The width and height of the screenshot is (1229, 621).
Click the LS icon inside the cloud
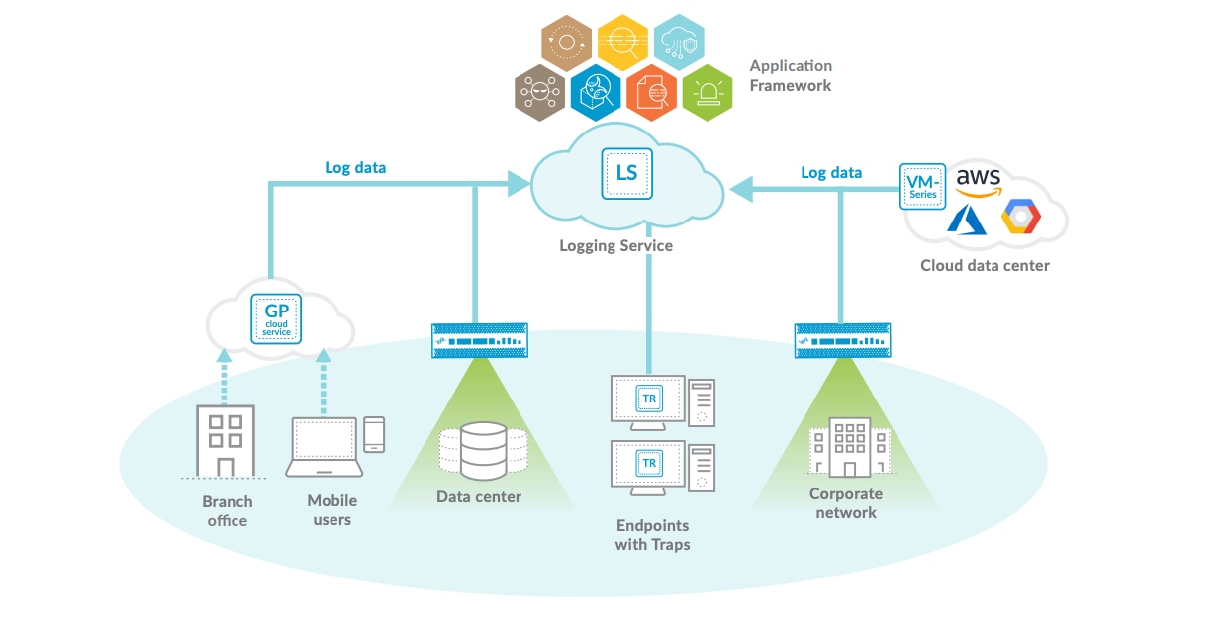click(x=626, y=173)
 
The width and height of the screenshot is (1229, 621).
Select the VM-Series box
click(x=923, y=187)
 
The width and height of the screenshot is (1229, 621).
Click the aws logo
click(x=978, y=180)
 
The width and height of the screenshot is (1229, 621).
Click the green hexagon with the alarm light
click(x=708, y=93)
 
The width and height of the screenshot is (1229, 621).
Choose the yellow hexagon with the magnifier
click(x=623, y=42)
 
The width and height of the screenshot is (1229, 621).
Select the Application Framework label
click(x=791, y=76)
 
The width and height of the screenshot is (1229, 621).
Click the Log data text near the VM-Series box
click(x=830, y=173)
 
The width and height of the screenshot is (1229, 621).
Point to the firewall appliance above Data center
click(x=479, y=340)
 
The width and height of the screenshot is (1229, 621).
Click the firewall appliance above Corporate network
click(x=841, y=340)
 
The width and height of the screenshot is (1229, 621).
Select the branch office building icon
click(x=225, y=440)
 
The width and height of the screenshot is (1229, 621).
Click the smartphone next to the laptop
click(x=374, y=433)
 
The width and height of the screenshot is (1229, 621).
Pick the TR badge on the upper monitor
click(x=649, y=399)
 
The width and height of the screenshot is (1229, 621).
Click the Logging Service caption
click(x=615, y=245)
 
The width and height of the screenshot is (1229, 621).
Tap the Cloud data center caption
click(x=985, y=265)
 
